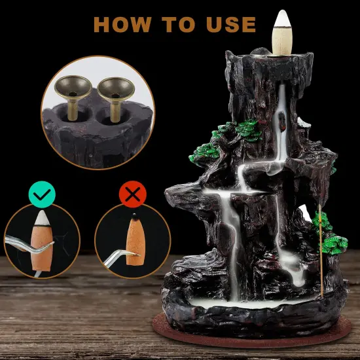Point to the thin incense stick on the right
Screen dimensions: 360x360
pos(320,249)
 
